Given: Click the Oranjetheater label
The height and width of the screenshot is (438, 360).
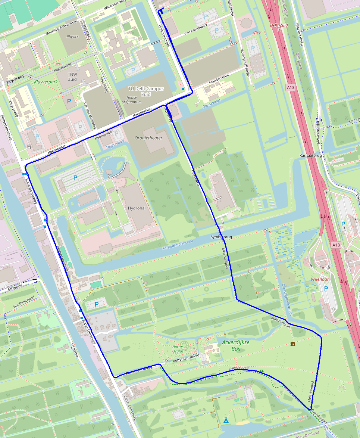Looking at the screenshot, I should [x=148, y=138].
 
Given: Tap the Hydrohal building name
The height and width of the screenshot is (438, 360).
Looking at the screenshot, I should [x=136, y=208].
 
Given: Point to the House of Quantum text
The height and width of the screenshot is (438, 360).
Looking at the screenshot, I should [x=131, y=99].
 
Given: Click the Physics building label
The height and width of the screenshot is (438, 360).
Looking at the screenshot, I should [x=72, y=37].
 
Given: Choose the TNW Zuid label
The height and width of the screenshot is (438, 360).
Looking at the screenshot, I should [x=72, y=77].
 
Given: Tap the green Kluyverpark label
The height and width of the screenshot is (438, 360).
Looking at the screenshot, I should [x=46, y=81].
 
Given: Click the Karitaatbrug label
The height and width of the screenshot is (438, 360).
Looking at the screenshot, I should [x=310, y=155].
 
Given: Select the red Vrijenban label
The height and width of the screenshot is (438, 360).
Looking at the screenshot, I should [x=319, y=279].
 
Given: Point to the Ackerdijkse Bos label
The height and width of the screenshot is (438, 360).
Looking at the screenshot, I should [x=235, y=345].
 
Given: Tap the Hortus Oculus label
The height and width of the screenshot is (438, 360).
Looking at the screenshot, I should [x=178, y=349].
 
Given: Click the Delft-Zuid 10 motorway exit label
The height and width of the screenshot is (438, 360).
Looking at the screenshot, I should [x=276, y=27].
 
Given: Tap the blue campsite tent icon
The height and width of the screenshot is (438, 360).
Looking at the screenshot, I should [x=226, y=420].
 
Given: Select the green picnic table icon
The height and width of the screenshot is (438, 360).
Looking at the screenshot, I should [x=262, y=371].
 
